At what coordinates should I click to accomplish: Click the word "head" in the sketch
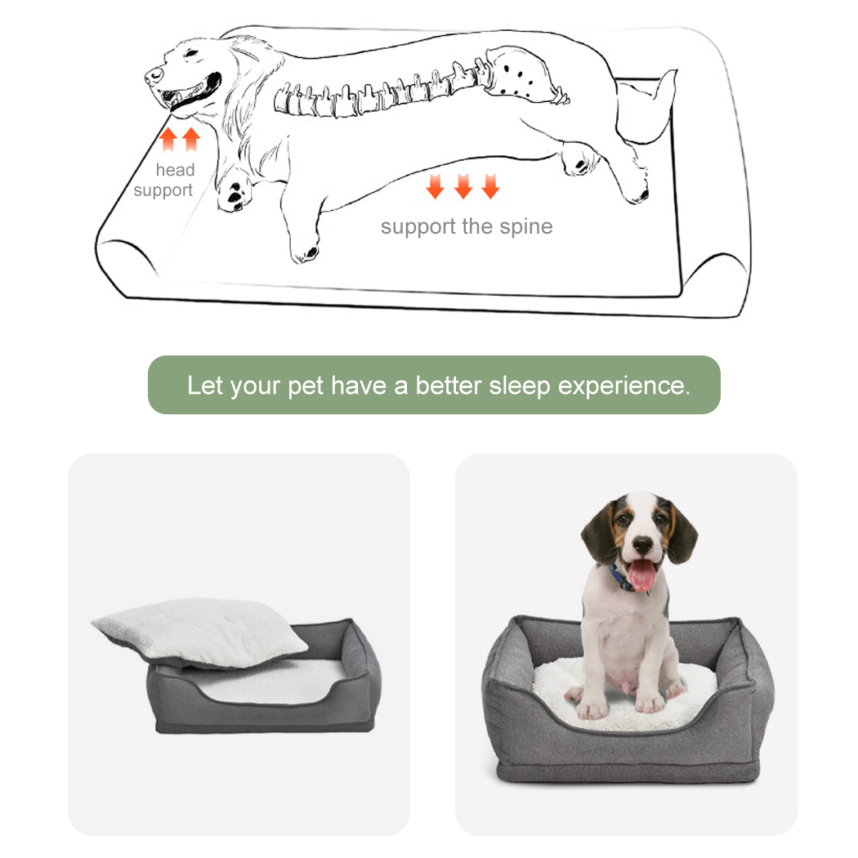(175, 170)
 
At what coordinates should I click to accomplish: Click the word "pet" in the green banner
(306, 387)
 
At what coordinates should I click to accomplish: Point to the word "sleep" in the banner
(520, 387)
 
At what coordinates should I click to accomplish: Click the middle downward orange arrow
(463, 186)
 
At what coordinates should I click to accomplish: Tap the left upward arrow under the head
(168, 139)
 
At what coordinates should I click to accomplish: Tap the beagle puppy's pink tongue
(641, 575)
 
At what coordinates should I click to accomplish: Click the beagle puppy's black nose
(642, 544)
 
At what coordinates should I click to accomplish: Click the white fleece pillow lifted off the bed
(199, 632)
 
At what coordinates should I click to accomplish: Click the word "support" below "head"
(163, 190)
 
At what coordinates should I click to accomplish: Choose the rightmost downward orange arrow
(490, 186)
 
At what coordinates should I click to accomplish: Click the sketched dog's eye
(191, 53)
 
